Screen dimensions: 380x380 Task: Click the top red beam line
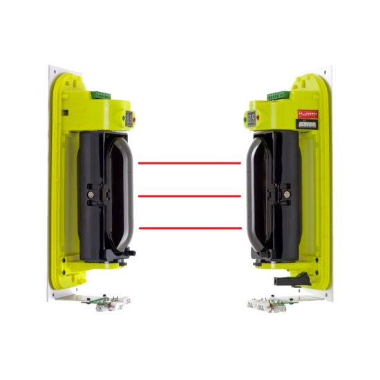click(x=189, y=164)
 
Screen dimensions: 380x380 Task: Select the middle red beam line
click(x=189, y=196)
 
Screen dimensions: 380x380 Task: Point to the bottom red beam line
click(x=189, y=227)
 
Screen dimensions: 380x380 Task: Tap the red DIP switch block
click(x=307, y=111)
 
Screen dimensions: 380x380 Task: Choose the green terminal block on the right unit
click(x=278, y=95)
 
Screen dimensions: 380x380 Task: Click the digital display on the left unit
click(x=130, y=120)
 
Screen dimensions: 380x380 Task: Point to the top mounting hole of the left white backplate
click(x=53, y=71)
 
